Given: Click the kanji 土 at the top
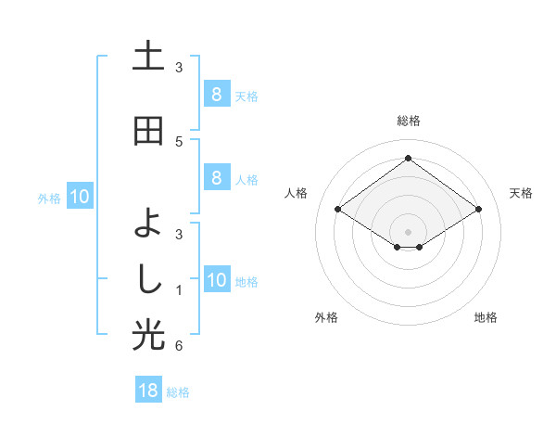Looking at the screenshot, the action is coord(148,58).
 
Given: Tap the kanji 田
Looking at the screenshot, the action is coord(148,131).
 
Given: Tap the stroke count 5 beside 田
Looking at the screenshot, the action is coord(179,141).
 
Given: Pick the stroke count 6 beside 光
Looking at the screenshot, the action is coord(179,346).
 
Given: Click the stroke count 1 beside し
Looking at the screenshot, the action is coord(179,290).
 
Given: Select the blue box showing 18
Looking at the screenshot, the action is coord(148,390).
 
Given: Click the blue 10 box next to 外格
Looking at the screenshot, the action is coord(79,197).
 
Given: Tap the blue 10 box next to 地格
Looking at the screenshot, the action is coord(217,281).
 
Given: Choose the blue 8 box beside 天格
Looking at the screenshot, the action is coord(216,95).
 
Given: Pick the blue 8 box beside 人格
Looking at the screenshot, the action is coord(216,178).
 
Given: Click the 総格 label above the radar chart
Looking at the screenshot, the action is coord(409,121).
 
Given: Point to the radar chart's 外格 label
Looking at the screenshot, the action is coord(326,317).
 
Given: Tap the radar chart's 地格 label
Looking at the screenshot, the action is coord(486,317).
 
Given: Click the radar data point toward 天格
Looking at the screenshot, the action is coord(478,210).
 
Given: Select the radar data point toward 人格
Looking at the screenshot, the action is coord(338,210).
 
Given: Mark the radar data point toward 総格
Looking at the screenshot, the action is coord(409,159).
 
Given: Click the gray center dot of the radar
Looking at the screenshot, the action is coord(409,231).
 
